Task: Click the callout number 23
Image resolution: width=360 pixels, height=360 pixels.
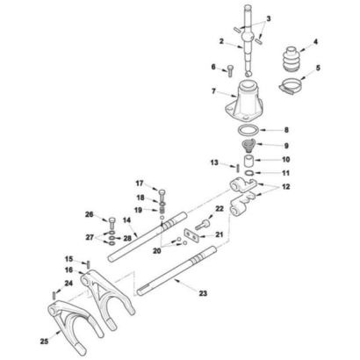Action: point(203,293)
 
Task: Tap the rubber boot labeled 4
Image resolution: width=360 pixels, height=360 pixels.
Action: point(292,59)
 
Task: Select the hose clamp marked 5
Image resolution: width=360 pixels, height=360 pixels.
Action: point(290,87)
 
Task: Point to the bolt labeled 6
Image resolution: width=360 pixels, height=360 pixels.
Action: point(230,70)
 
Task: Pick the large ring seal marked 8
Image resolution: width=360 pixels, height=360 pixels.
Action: point(248,129)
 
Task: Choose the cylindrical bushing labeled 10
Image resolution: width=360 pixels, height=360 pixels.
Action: point(249,161)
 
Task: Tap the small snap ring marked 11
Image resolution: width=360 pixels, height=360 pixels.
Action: point(248,173)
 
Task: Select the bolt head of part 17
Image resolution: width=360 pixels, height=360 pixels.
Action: point(162,192)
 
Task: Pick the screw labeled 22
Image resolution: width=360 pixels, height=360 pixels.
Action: point(203,225)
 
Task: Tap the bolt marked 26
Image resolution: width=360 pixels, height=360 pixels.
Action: point(112,224)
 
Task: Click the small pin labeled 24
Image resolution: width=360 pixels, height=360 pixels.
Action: point(54,295)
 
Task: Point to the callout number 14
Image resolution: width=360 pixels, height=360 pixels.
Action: point(126,220)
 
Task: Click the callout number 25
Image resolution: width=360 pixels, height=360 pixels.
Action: point(44,342)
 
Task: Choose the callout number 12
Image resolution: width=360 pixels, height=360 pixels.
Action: point(285,186)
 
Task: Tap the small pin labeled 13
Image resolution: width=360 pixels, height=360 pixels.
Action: point(238,169)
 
